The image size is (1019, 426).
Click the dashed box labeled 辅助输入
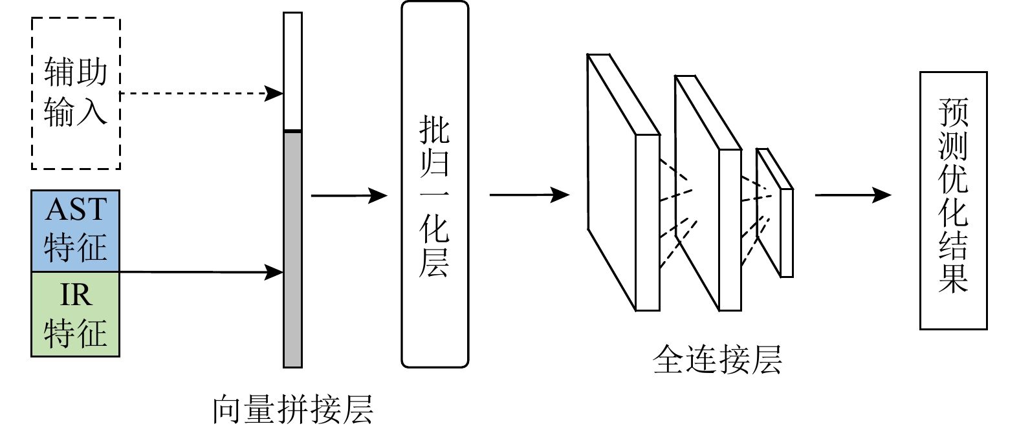coord(76,93)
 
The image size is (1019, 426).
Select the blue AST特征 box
coord(76,231)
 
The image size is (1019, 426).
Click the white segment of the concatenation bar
coord(292,71)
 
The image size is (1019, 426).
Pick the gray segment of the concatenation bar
coord(292,249)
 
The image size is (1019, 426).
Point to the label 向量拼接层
coord(293,409)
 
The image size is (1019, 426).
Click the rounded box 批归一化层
coord(434,184)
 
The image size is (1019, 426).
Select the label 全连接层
coord(718,359)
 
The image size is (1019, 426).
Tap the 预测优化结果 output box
coord(953,200)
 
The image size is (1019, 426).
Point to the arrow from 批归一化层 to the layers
coord(529,194)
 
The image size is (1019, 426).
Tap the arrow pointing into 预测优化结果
coord(852,194)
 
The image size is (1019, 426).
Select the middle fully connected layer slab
coord(730,230)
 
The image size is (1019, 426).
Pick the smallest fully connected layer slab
coord(786,233)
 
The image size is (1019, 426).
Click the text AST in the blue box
coord(76,209)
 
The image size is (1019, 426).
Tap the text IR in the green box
coord(76,295)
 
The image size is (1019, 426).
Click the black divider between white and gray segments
coord(292,131)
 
